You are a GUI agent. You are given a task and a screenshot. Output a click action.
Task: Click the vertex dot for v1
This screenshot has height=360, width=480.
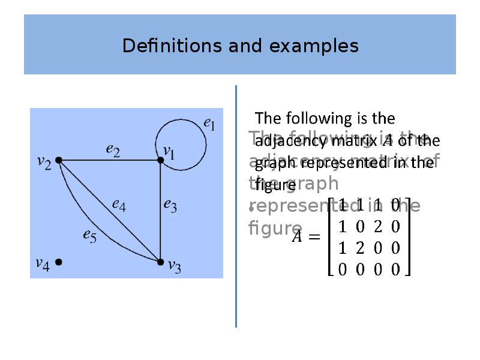[x=161, y=160]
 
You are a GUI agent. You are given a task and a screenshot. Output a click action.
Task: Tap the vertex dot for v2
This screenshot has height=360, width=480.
[x=59, y=160]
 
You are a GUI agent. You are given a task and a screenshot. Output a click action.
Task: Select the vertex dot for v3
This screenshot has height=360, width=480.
[x=160, y=262]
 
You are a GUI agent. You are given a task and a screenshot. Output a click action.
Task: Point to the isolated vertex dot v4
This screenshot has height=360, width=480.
[x=59, y=262]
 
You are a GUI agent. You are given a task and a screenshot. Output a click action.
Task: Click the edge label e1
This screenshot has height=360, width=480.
[x=209, y=124]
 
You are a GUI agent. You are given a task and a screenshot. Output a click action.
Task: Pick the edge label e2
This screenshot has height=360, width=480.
[x=113, y=150]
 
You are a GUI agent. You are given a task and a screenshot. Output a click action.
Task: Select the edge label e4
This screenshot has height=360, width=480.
[x=119, y=204]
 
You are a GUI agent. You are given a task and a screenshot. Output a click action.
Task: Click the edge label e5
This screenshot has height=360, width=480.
[x=89, y=236]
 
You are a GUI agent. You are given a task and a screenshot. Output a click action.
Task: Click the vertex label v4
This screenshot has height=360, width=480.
[x=42, y=263]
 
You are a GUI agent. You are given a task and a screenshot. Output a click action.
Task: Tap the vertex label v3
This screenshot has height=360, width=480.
[x=174, y=265]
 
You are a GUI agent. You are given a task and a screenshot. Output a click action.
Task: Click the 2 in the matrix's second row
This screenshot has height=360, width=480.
[x=377, y=227]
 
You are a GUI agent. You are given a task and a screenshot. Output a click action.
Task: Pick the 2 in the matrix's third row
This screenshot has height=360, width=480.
[x=360, y=248]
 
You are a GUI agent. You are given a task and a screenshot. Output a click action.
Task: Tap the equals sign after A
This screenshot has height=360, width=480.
[x=313, y=237]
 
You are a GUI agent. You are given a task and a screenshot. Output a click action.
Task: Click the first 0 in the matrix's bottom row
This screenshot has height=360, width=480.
[x=342, y=269]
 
